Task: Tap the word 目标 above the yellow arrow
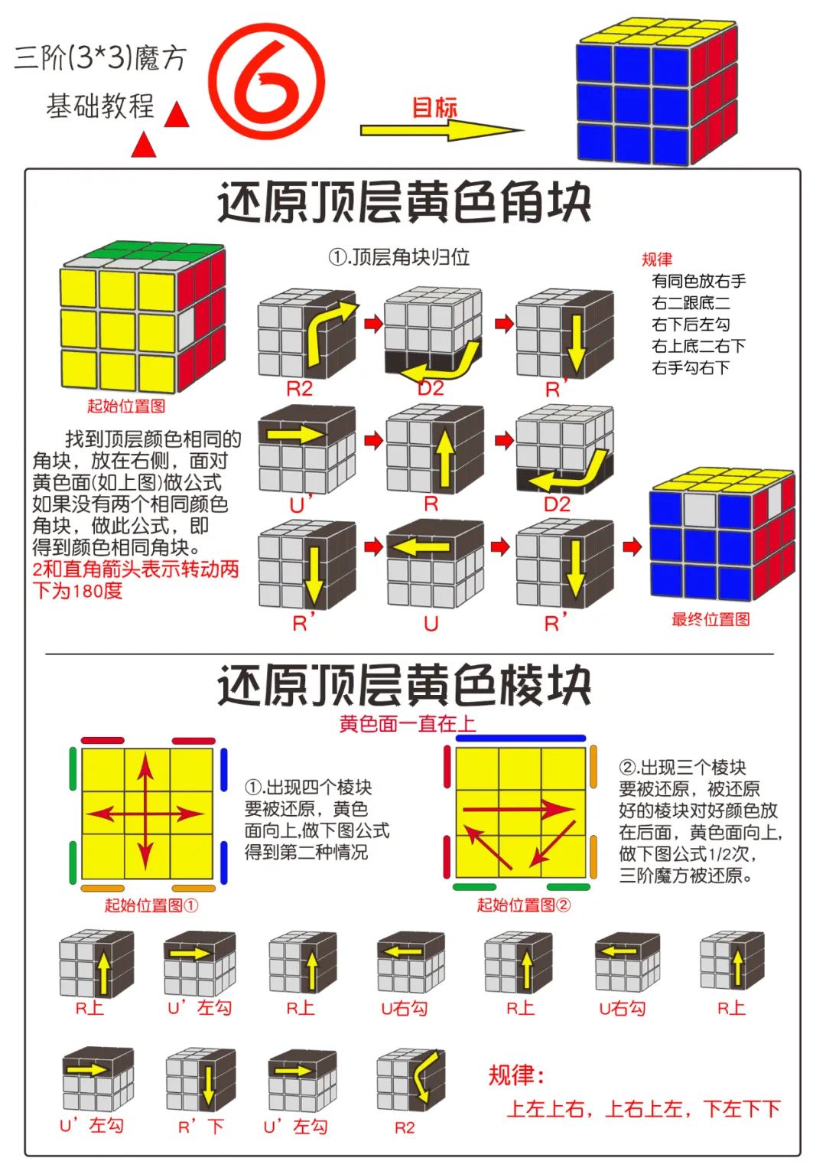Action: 434,107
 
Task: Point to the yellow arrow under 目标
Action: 441,131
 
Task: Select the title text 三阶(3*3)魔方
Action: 100,58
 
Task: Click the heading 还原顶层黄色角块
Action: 405,203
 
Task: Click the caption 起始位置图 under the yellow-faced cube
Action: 126,406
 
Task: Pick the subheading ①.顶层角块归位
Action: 398,258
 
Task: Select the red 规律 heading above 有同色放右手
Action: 657,259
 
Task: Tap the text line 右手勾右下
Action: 691,368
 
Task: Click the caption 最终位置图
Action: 711,620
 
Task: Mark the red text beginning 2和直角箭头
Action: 135,579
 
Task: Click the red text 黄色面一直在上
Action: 407,723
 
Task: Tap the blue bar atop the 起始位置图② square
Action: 521,739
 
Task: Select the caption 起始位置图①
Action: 151,905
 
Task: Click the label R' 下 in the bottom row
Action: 200,1127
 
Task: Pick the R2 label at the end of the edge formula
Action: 405,1127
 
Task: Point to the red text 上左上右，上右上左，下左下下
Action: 643,1109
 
